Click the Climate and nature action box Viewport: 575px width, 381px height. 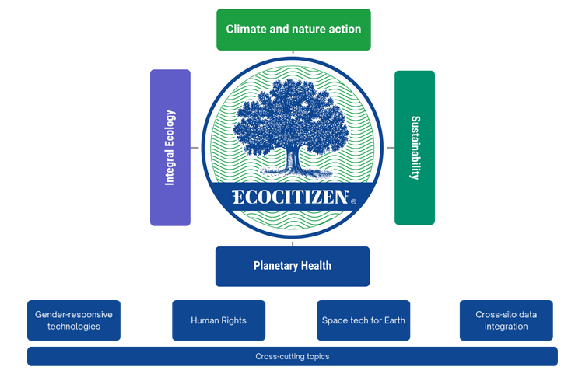(x=293, y=30)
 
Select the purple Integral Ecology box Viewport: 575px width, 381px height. (x=170, y=148)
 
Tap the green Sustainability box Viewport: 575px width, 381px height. (x=414, y=148)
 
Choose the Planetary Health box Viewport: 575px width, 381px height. (x=293, y=266)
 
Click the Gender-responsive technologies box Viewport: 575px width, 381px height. (x=74, y=320)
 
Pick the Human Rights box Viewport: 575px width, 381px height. (x=218, y=320)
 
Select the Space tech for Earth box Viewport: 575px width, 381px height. (x=363, y=320)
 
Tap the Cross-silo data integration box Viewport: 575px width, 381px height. (x=506, y=320)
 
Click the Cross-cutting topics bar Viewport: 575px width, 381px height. (x=293, y=357)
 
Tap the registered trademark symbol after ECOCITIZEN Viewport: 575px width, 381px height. (x=353, y=201)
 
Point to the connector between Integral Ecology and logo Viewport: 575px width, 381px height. (x=195, y=148)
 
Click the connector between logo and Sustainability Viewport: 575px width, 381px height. (x=391, y=148)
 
